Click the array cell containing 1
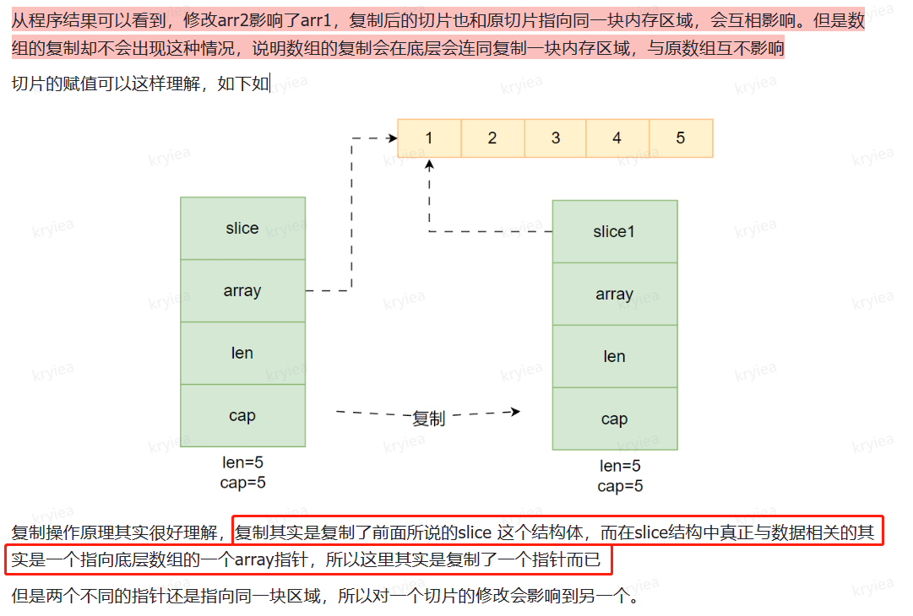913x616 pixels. click(429, 138)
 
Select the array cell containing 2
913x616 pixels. click(492, 138)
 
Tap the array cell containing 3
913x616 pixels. click(555, 138)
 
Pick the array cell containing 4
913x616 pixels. click(617, 138)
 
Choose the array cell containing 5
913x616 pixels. click(681, 138)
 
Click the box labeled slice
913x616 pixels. click(242, 229)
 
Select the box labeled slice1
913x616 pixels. click(614, 231)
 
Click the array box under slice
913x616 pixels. click(242, 291)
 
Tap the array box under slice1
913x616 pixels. click(614, 294)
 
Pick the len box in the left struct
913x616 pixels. click(242, 354)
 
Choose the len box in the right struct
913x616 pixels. click(614, 356)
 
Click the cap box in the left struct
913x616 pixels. click(242, 416)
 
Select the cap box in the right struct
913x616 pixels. click(614, 419)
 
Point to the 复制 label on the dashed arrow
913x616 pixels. click(428, 418)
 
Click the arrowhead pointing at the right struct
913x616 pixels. click(514, 412)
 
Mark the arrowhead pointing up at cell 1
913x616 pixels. click(429, 165)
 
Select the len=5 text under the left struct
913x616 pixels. click(242, 463)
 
